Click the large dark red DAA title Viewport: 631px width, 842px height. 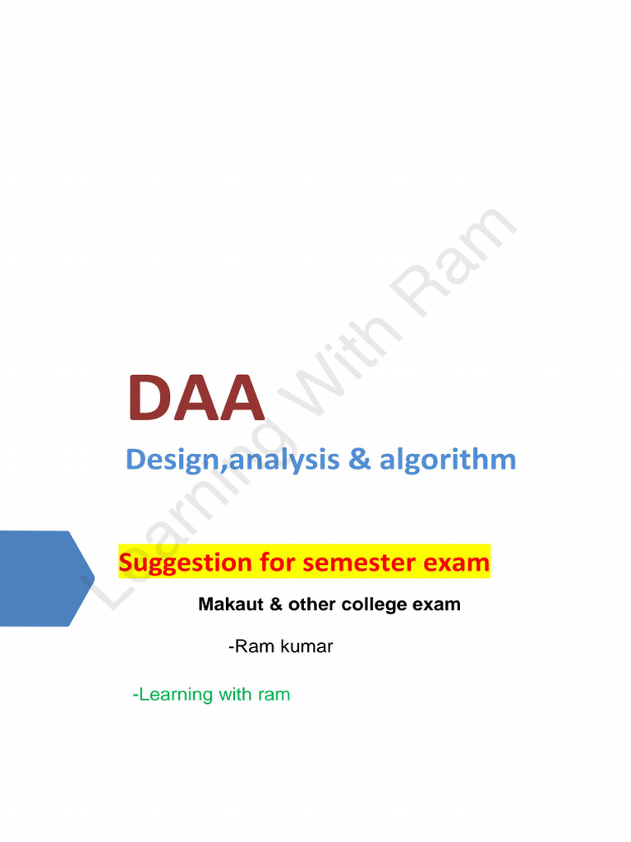click(196, 398)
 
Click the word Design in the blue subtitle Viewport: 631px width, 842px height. click(166, 460)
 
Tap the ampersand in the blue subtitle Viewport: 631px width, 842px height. click(359, 460)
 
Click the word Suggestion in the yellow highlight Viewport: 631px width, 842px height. click(185, 563)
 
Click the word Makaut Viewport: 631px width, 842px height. click(229, 605)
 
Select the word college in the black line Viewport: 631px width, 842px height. click(366, 605)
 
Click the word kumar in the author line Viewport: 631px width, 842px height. click(306, 647)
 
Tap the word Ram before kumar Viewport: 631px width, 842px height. click(254, 647)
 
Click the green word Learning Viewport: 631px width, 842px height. click(175, 695)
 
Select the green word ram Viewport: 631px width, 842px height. click(274, 695)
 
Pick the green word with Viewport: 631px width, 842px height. click(235, 695)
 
